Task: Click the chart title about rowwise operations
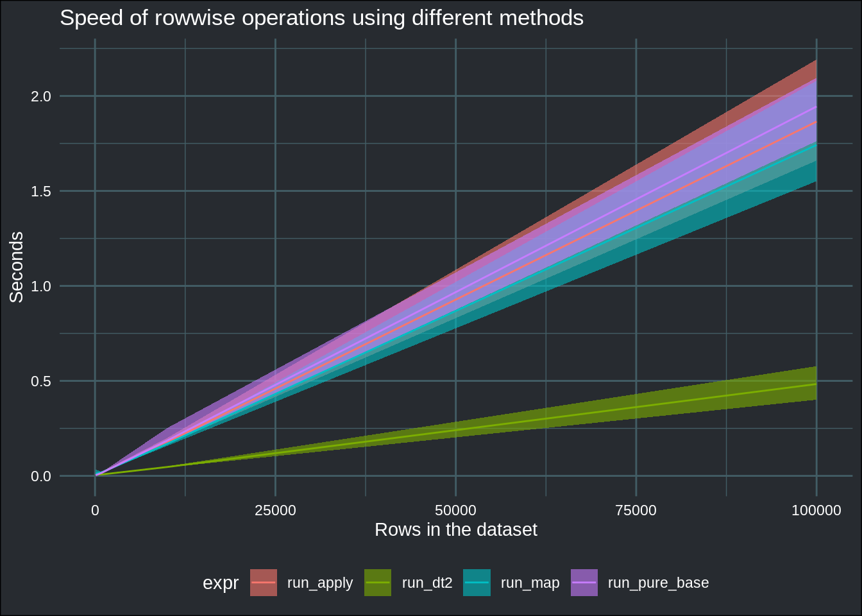click(321, 18)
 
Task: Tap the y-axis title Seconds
click(17, 267)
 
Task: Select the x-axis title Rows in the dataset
click(455, 530)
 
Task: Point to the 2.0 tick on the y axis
click(41, 96)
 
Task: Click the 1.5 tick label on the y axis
click(41, 191)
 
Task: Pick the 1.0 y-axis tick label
click(41, 286)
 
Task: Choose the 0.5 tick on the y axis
click(41, 381)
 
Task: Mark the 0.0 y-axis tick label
click(41, 476)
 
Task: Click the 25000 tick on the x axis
click(275, 511)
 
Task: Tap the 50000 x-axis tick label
click(455, 511)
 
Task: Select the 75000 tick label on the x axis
click(636, 511)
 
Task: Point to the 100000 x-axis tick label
click(816, 511)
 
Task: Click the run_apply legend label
click(320, 583)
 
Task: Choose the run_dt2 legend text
click(427, 583)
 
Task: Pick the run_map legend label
click(530, 583)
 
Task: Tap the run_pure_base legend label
click(658, 583)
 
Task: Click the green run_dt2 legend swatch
click(378, 583)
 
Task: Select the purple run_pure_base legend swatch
click(584, 583)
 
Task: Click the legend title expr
click(221, 583)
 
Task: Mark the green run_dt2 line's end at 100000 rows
click(816, 384)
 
